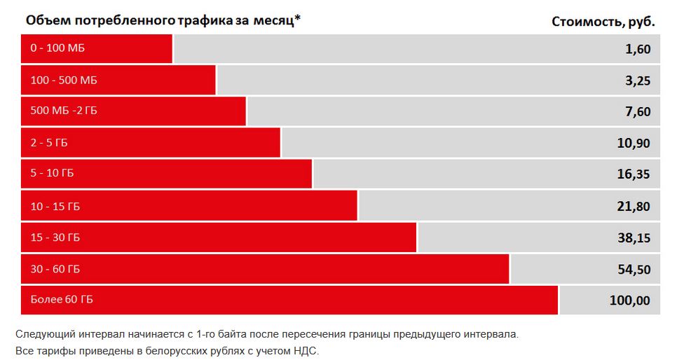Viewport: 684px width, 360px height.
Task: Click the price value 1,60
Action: coord(638,49)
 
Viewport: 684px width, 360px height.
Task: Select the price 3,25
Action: coord(638,81)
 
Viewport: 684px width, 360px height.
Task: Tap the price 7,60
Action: coord(638,112)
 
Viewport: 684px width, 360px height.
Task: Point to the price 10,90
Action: coord(634,144)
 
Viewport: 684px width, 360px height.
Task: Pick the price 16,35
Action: coord(634,175)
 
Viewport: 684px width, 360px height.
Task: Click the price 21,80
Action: coord(634,207)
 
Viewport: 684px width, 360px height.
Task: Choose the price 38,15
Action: coord(634,238)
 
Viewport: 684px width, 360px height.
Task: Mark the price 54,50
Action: coord(634,270)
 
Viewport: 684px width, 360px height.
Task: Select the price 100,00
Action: coord(630,301)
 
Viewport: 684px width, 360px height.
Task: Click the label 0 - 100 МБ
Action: coord(57,48)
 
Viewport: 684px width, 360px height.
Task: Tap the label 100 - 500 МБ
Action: coord(64,80)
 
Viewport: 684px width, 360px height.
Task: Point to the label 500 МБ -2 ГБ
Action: coord(64,111)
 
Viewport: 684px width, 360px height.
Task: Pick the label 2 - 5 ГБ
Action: coord(49,143)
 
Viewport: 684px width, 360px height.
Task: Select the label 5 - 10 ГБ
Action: coord(52,174)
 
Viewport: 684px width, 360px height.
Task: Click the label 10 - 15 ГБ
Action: coord(55,206)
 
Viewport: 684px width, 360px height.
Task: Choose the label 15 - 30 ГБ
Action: coord(55,237)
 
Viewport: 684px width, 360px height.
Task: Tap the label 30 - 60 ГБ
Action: coord(55,269)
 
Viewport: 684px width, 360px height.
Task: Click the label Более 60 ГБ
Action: coord(62,300)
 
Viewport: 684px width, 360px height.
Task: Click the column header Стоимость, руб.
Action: coord(603,21)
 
